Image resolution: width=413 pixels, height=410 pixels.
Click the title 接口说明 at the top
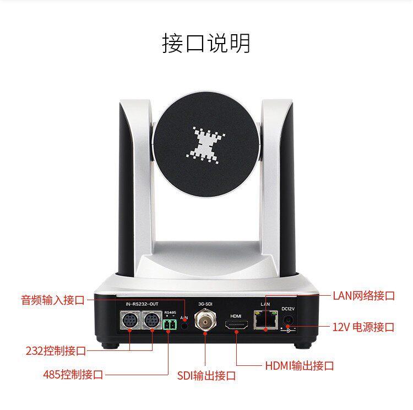coord(206,43)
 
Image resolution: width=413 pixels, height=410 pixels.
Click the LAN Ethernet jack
coord(265,319)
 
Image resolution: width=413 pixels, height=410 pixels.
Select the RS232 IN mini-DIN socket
coord(130,321)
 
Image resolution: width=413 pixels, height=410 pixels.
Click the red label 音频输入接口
coord(53,300)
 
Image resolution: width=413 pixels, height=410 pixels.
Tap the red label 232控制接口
coord(56,350)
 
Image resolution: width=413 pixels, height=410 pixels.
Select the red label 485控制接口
coord(73,375)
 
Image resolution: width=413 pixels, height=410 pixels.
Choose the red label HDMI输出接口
coord(300,365)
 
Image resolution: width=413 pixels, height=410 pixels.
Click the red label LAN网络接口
coord(363,295)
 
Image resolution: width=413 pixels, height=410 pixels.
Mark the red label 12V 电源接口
coord(363,327)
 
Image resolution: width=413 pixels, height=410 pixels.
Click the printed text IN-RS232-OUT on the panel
coord(142,305)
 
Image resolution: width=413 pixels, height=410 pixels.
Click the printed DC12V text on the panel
coord(289,308)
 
